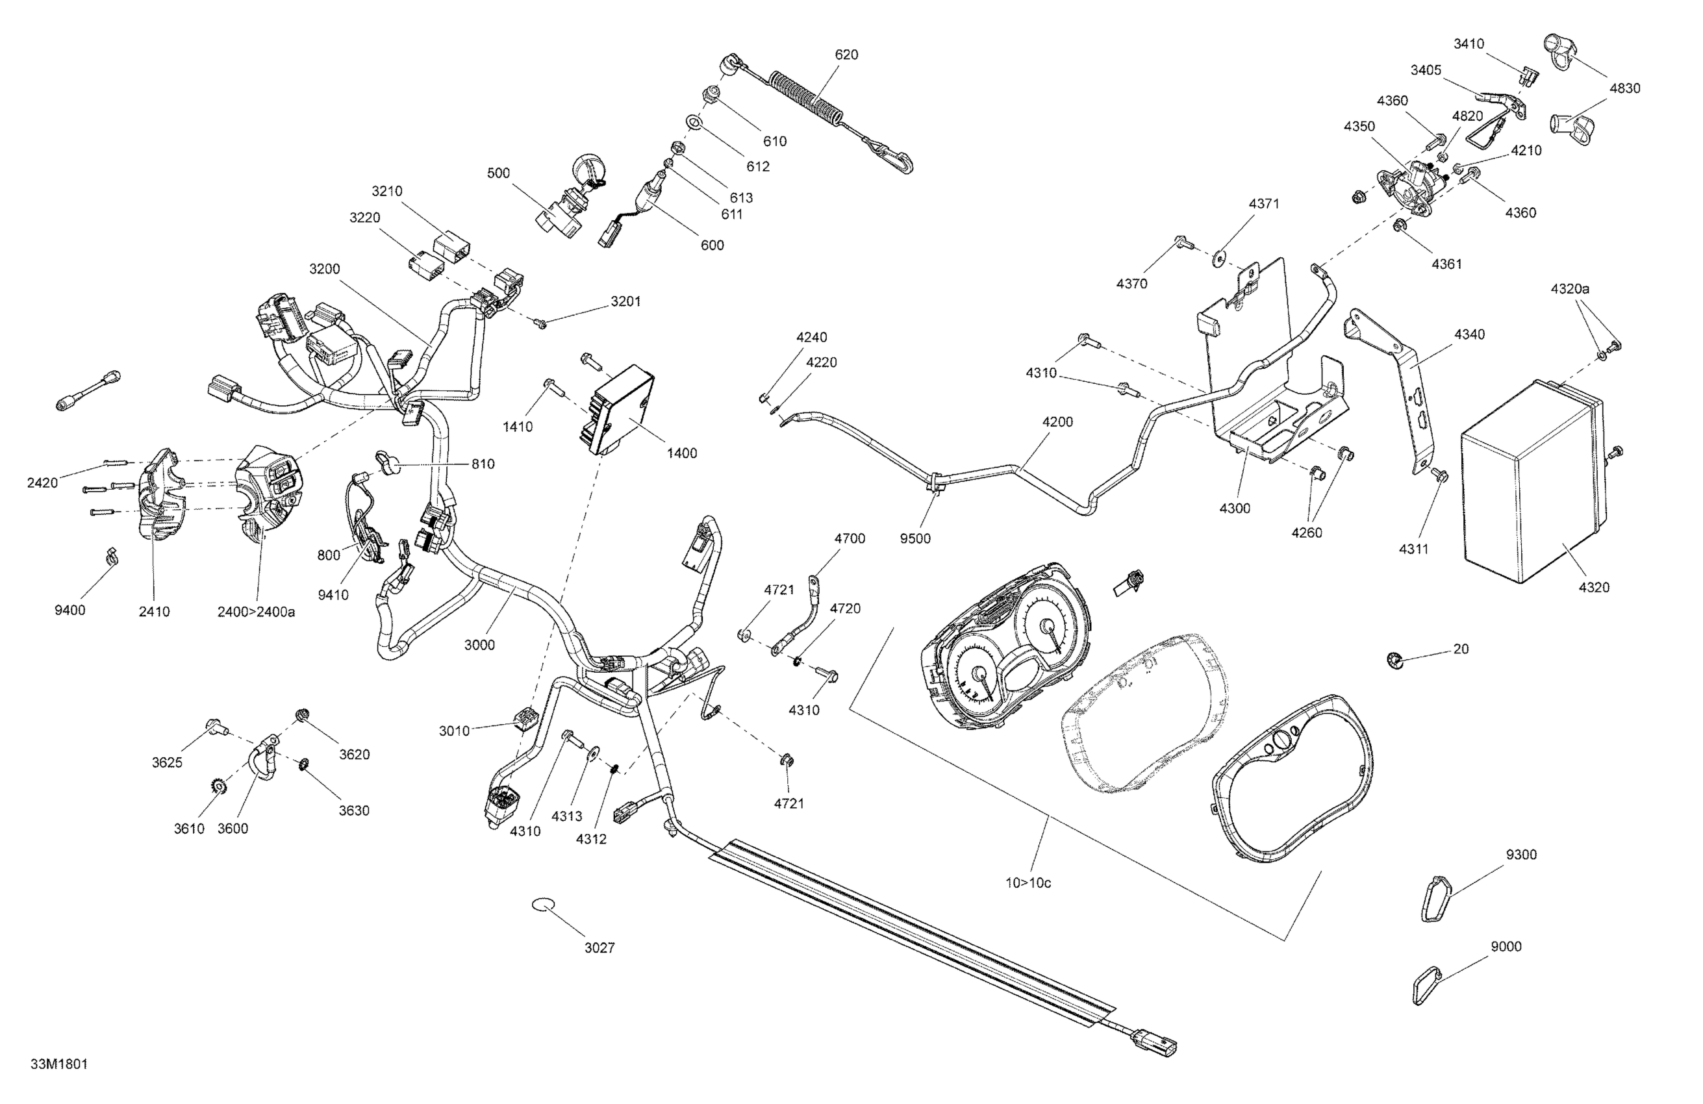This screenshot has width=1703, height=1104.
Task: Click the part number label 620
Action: point(846,55)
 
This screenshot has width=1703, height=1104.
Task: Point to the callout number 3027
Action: point(599,947)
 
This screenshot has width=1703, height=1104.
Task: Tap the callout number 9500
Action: point(915,538)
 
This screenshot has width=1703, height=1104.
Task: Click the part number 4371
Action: point(1265,204)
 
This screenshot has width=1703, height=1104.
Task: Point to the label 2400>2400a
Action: point(256,612)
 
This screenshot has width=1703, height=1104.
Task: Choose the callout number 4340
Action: point(1470,334)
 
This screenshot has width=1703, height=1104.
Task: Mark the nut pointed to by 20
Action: point(1394,660)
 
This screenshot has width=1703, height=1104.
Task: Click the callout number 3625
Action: point(167,762)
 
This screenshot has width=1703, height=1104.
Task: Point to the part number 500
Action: point(499,173)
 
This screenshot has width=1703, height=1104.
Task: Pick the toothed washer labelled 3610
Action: point(220,786)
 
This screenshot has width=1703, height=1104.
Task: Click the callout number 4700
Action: point(850,539)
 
